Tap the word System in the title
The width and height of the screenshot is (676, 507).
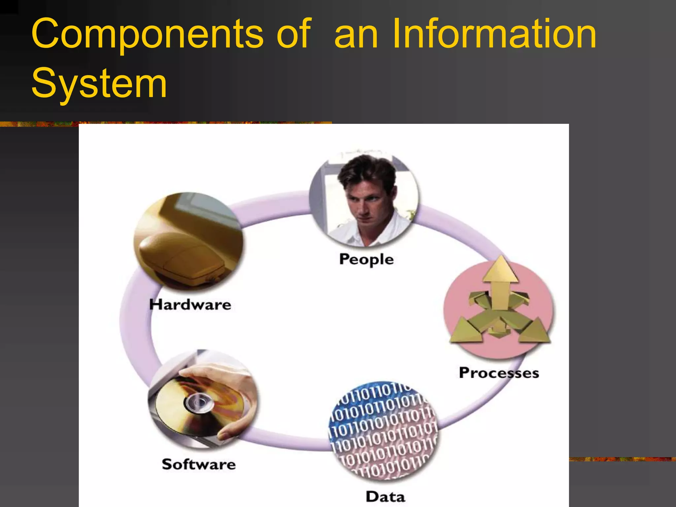[x=99, y=83]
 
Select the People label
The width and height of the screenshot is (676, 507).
[x=366, y=259]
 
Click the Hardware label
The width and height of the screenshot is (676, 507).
[x=190, y=304]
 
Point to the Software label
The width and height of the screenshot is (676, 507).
[x=199, y=464]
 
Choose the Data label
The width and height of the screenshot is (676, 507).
[x=385, y=496]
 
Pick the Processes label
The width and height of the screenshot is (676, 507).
[x=499, y=373]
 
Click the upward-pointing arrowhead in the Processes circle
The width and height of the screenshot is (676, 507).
[x=500, y=269]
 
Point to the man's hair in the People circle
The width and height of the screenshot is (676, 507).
[x=366, y=170]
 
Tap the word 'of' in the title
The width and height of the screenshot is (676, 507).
[x=293, y=34]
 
